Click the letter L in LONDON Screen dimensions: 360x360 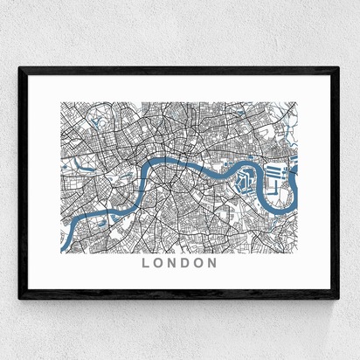145,261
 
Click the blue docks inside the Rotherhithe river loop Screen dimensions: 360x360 245,181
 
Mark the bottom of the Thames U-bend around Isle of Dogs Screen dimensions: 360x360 278,212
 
